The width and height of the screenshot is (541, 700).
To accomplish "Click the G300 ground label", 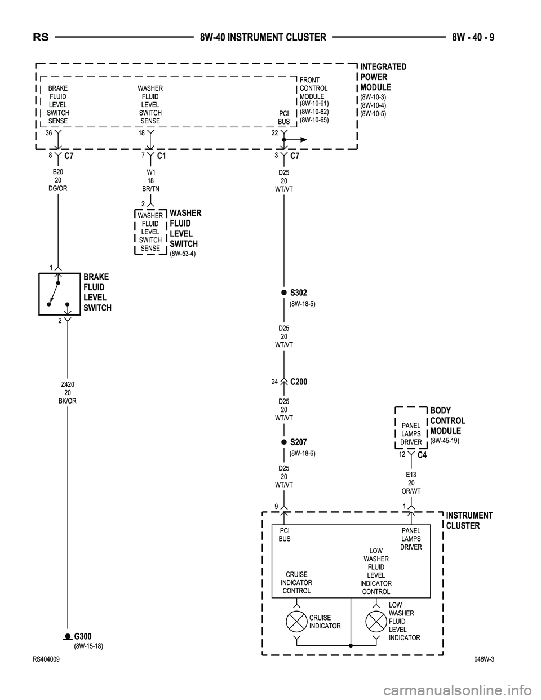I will click(x=83, y=637).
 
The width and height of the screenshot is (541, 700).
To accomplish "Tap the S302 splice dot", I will click(x=285, y=293).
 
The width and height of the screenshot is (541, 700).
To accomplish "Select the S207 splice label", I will click(x=299, y=442).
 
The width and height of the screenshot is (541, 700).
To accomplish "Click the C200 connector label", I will click(x=299, y=382).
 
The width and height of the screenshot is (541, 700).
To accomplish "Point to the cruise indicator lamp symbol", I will click(x=296, y=622).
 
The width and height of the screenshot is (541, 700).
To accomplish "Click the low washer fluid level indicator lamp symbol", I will click(x=376, y=622).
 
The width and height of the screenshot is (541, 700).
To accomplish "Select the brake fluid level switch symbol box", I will click(x=60, y=294).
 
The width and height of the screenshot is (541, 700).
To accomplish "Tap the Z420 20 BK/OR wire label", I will click(x=68, y=393).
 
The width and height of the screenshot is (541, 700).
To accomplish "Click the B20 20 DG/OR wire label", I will click(x=57, y=180).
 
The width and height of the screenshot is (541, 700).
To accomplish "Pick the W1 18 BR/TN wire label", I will click(x=150, y=180).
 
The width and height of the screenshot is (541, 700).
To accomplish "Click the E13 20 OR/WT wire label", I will click(x=411, y=483).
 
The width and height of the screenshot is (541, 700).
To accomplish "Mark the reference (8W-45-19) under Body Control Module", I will click(x=445, y=441).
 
